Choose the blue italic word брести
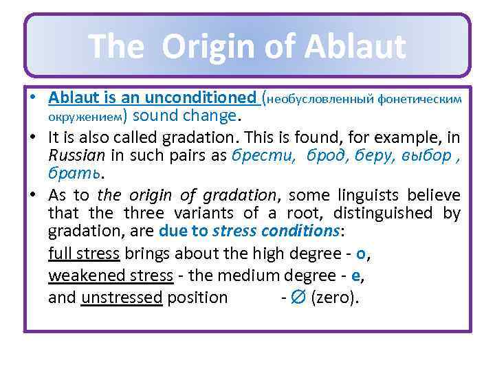259,155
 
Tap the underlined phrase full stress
84,254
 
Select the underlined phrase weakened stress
110,276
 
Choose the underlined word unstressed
122,297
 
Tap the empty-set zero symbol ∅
299,298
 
